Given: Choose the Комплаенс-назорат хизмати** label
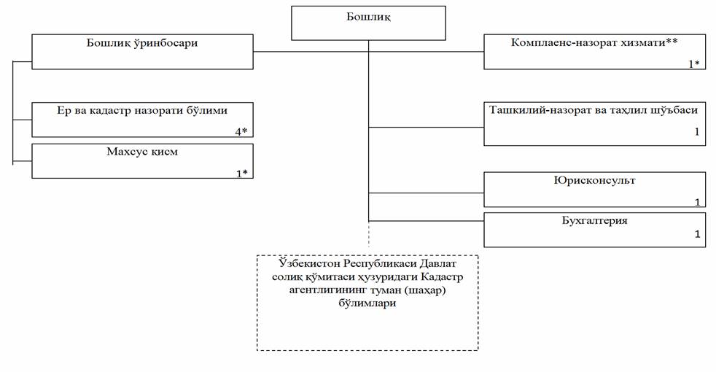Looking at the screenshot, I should click(x=595, y=42).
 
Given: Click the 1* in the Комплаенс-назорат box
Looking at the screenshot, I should click(x=693, y=63).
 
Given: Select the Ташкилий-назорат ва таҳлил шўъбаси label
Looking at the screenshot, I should click(x=594, y=110).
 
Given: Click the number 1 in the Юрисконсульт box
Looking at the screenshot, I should click(x=697, y=202).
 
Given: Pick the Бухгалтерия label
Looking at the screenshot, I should click(x=594, y=220).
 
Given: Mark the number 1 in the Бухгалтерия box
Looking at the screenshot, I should click(x=697, y=235).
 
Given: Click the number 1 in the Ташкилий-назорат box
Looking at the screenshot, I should click(x=697, y=133).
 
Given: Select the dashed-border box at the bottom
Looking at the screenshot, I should click(x=367, y=302).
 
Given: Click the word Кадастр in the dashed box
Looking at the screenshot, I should click(x=444, y=279).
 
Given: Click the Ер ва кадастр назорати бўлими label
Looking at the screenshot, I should click(x=143, y=111).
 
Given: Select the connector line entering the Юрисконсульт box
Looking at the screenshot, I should click(x=427, y=194).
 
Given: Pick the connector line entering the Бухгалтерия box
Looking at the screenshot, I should click(x=427, y=220).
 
